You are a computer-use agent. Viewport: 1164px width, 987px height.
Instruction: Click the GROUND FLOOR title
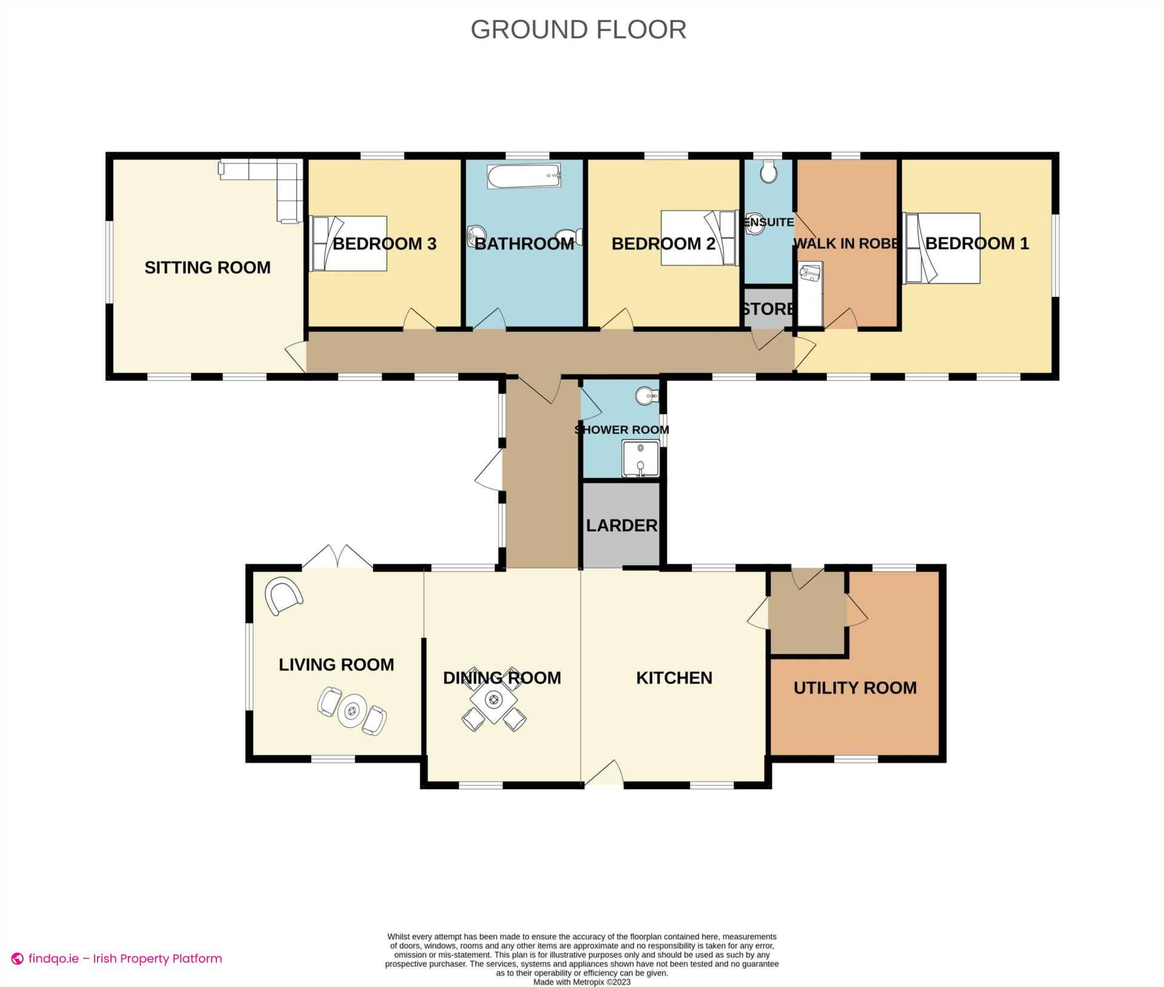point(578,29)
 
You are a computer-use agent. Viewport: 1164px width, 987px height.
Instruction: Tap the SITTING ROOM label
point(207,267)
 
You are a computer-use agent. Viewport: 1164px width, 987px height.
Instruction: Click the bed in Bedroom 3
point(349,243)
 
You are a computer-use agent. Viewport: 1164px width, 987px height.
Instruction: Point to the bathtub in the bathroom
point(524,176)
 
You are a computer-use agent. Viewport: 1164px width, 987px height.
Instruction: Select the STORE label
point(768,309)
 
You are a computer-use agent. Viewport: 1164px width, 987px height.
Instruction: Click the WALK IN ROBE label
point(846,244)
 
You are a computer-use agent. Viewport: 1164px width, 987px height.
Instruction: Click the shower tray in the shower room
point(640,459)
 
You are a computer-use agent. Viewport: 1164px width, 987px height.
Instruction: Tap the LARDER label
point(621,525)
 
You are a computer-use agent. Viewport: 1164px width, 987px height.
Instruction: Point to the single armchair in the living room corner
point(283,595)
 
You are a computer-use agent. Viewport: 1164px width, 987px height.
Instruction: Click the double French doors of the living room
point(337,557)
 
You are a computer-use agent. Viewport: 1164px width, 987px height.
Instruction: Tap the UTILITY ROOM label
point(855,688)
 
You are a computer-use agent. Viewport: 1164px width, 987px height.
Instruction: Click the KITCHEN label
point(674,677)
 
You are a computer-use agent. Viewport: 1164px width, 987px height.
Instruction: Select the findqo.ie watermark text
point(117,959)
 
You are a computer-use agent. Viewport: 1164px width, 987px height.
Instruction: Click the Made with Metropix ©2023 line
point(581,982)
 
